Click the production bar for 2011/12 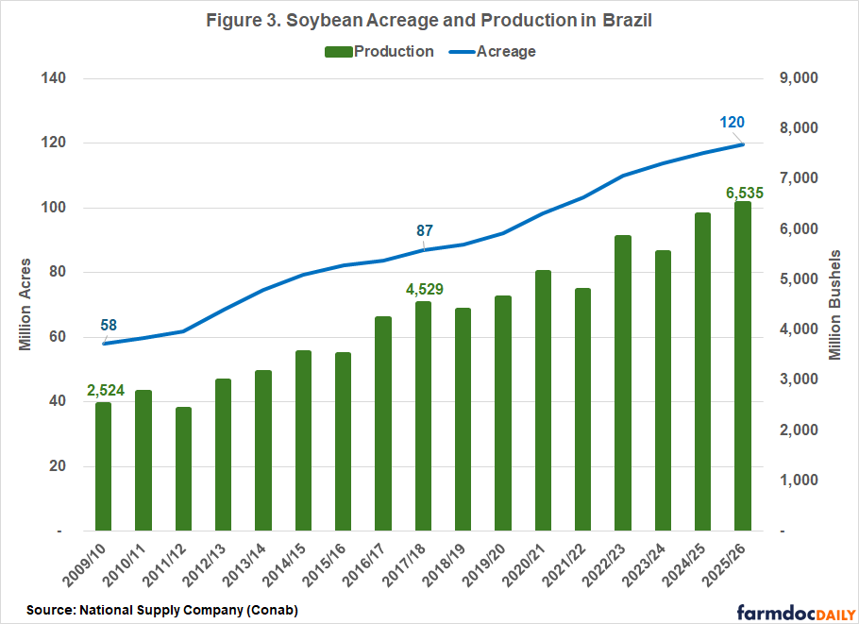point(183,469)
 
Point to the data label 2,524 point(105,391)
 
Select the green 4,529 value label point(424,288)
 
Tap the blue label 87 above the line point(424,230)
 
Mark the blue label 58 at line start point(109,326)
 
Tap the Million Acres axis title point(25,304)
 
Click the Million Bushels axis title point(834,305)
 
